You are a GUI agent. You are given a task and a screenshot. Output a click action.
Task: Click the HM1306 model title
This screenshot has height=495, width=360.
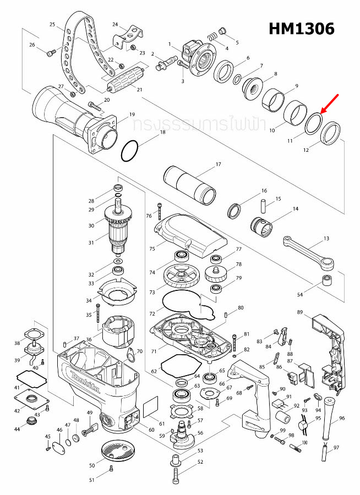pos(301,29)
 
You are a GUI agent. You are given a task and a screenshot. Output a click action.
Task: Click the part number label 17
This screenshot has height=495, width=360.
pos(218,164)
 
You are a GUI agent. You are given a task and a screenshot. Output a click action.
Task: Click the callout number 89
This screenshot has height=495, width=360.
pos(300,312)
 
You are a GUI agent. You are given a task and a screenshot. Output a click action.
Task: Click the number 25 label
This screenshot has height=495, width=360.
pos(52,25)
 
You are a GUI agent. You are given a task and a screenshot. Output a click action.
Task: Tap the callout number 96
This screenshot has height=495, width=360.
pos(342,418)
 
